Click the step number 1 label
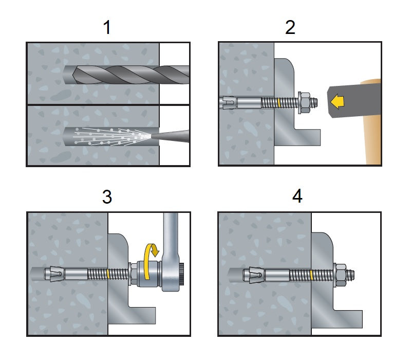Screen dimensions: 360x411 [x=107, y=27]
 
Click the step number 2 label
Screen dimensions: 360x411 [x=290, y=27]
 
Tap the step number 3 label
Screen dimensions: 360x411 [x=107, y=197]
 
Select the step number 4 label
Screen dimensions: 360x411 [x=297, y=197]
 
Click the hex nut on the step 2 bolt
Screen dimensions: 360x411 [x=304, y=103]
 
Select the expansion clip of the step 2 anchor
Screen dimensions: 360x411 [x=228, y=103]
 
